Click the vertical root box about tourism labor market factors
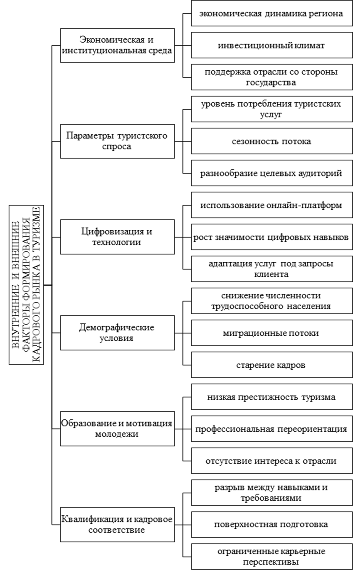(26, 285)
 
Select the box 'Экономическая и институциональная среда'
(117, 45)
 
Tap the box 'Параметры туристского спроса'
(117, 141)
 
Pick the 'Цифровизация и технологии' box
(117, 237)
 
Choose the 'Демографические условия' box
(117, 333)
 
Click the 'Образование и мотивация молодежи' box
(117, 429)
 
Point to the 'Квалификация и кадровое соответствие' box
(117, 525)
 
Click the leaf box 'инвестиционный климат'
(272, 45)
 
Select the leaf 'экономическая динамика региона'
(272, 13)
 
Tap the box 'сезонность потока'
(272, 141)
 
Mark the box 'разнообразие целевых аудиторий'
(272, 173)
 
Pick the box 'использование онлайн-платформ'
(272, 205)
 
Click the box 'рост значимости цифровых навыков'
(272, 237)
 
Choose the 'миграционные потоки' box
(272, 333)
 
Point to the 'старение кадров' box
(272, 365)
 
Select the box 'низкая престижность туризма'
(272, 397)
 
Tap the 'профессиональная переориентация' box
(272, 429)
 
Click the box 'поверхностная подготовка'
(272, 525)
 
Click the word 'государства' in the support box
(271, 83)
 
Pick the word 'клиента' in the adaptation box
(271, 275)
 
